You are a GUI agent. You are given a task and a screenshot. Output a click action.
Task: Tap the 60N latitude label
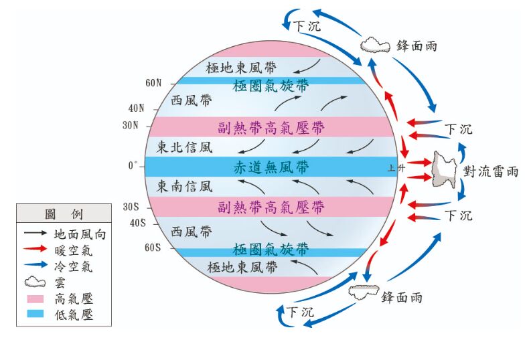pyautogui.click(x=153, y=84)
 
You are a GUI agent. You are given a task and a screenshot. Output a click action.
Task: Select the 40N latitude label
pyautogui.click(x=137, y=108)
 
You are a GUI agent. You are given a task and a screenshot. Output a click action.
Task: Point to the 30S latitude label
pyautogui.click(x=131, y=207)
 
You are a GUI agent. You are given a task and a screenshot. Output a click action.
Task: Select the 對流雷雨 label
pyautogui.click(x=490, y=171)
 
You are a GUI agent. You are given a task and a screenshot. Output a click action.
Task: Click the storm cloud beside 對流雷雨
pyautogui.click(x=444, y=169)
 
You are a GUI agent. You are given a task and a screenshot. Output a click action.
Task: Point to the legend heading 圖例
pyautogui.click(x=64, y=215)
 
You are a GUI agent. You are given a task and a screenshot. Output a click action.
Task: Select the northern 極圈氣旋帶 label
pyautogui.click(x=271, y=86)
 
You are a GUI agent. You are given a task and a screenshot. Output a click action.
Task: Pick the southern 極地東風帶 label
pyautogui.click(x=242, y=268)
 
